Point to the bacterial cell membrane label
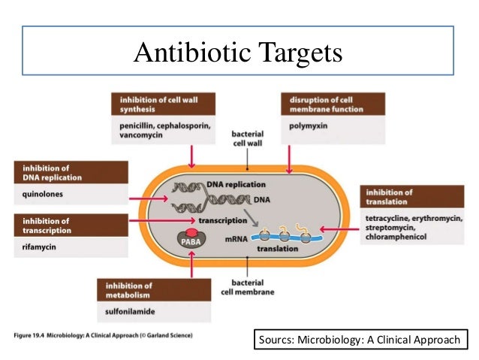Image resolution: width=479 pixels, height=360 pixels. [248, 288]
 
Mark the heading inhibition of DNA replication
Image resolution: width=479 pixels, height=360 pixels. [47, 171]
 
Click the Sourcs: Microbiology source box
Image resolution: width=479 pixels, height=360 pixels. [360, 340]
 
